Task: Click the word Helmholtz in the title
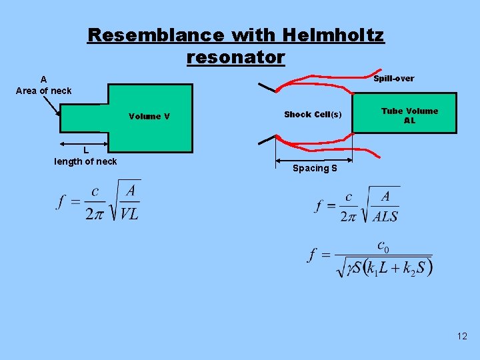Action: pos(333,35)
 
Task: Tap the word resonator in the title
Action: pos(236,57)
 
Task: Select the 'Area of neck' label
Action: pos(44,91)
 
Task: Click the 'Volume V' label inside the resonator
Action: pos(149,117)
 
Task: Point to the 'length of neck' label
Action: pos(85,161)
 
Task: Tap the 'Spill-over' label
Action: pos(393,79)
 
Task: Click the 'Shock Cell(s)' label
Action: pos(313,115)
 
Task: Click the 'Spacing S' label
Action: pos(315,169)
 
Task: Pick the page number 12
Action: pos(462,337)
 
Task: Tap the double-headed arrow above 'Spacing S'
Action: pos(314,160)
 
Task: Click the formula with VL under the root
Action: pos(97,201)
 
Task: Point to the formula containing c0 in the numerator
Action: pos(371,257)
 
